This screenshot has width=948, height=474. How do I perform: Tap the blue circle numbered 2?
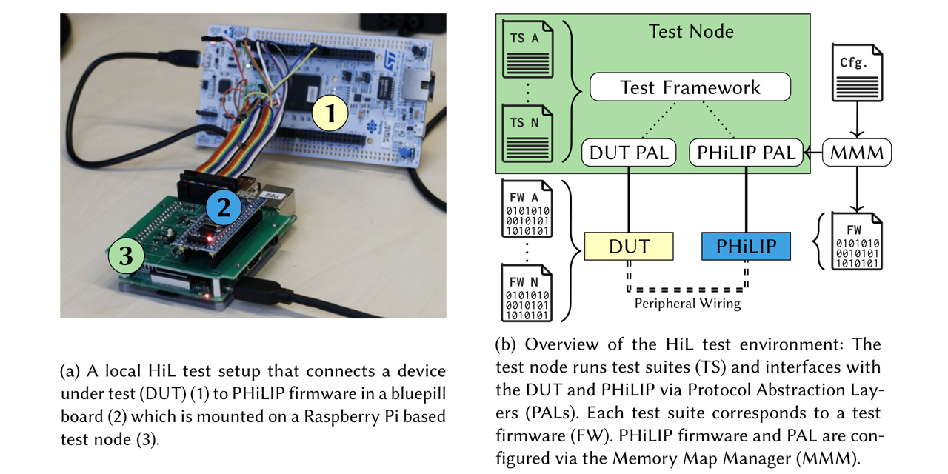pos(223,207)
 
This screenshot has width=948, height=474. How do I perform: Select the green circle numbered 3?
pos(127,256)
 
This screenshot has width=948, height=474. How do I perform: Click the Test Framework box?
pos(690,88)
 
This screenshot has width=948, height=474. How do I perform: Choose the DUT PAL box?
pos(629,153)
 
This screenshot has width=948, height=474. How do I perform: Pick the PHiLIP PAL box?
pos(746,153)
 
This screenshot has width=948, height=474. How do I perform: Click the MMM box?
pos(858,153)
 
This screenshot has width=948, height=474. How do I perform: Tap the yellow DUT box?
pos(629,246)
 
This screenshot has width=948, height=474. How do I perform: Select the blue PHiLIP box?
pos(746,246)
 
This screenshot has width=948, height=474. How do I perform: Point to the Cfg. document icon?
pos(858,73)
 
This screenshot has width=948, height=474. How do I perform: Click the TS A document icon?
pos(529,50)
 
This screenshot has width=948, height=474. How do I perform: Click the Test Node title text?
pos(690,31)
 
